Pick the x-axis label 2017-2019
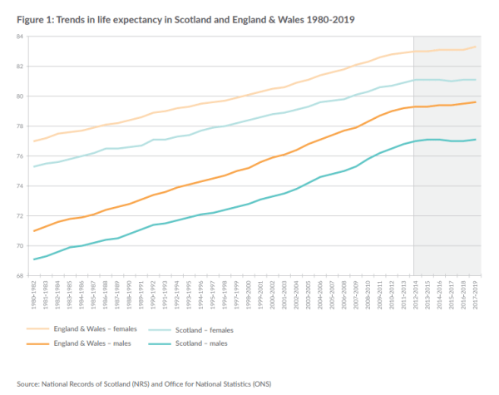475,293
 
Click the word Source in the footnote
30,383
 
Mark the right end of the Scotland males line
475,140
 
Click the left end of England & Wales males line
35,231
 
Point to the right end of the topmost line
475,47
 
